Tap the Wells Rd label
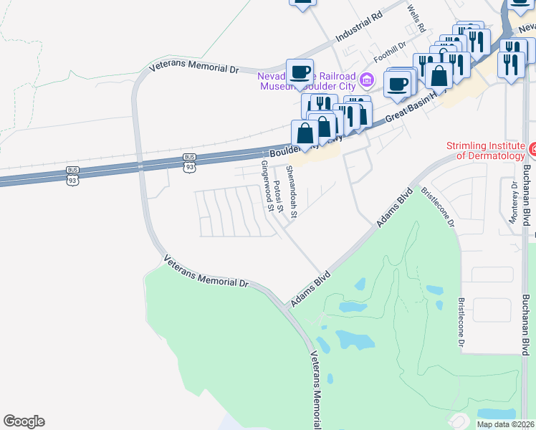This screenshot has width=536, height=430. tap(416, 19)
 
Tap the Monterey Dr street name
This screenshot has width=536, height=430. tap(513, 203)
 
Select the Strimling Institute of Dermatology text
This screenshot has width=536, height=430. tap(486, 150)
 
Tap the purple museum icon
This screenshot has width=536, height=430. tap(368, 78)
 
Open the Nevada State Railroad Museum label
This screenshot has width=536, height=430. tap(312, 79)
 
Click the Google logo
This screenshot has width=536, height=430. tap(24, 421)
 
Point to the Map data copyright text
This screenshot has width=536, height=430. tap(505, 424)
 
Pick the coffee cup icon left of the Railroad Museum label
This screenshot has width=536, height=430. tap(300, 72)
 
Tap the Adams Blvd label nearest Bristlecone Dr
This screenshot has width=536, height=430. tap(396, 207)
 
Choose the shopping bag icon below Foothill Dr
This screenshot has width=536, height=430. tap(439, 75)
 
